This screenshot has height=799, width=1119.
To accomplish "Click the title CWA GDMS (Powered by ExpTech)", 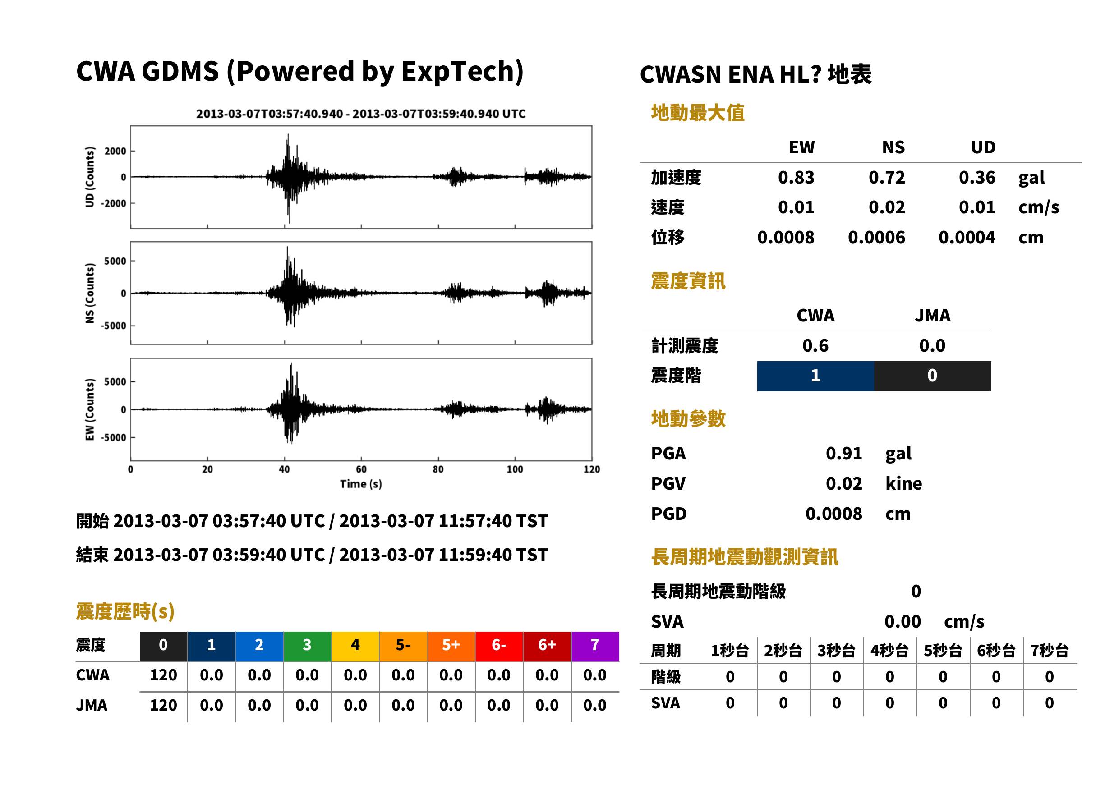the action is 299,72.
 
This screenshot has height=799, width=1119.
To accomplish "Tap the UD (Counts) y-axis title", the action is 90,177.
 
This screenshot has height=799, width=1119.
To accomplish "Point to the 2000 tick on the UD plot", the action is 115,151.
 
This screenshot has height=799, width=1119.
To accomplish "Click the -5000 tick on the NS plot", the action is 114,326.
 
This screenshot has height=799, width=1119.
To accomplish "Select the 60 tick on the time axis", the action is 361,469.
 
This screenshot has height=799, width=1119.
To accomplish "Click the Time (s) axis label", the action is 361,484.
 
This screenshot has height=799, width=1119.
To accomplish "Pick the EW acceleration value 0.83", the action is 796,178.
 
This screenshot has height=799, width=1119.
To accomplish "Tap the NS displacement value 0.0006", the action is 876,238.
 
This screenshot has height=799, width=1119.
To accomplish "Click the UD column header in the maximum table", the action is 983,147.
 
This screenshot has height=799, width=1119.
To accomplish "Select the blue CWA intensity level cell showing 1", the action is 815,376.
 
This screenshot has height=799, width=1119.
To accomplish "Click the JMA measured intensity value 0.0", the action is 932,346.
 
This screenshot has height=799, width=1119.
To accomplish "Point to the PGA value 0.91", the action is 844,453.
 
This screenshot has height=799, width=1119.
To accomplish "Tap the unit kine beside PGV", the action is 903,484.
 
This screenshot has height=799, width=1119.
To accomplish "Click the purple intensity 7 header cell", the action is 595,646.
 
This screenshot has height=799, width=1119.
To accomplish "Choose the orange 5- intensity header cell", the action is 403,646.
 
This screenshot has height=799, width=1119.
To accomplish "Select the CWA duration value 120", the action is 163,675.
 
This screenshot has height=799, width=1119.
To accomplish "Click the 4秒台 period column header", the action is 889,651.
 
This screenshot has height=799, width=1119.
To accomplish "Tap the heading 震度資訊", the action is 688,281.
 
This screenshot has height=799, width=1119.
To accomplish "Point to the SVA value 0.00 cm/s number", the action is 903,622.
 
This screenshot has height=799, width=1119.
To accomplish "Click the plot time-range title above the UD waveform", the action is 361,114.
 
